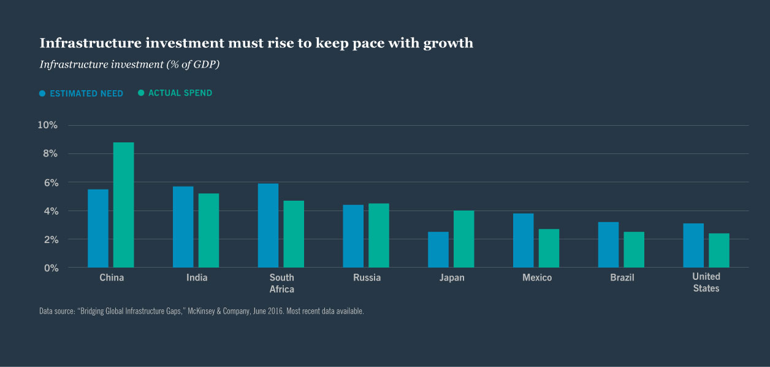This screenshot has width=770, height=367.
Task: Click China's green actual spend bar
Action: point(123,205)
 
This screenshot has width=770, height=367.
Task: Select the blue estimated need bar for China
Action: point(98,228)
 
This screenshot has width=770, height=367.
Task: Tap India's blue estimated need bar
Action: point(183,227)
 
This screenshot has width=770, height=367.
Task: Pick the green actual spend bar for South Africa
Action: point(294,234)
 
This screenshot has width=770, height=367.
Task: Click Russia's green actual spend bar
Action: point(378,236)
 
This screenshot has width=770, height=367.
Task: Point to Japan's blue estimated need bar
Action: point(438,250)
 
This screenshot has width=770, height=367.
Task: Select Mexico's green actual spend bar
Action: point(549,249)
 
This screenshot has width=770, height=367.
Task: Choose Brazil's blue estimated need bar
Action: point(608,245)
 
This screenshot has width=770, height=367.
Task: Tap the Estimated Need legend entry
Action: point(81,94)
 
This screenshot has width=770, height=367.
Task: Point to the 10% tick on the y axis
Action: point(47,125)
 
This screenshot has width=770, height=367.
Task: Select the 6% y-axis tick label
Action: point(50,182)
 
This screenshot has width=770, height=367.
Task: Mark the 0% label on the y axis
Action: point(50,268)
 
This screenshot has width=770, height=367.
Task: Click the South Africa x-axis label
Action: point(281,283)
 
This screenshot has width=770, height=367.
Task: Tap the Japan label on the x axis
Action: point(452,277)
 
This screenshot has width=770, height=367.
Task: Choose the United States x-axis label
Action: point(706,282)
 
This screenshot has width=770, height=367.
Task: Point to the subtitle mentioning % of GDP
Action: point(129,64)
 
